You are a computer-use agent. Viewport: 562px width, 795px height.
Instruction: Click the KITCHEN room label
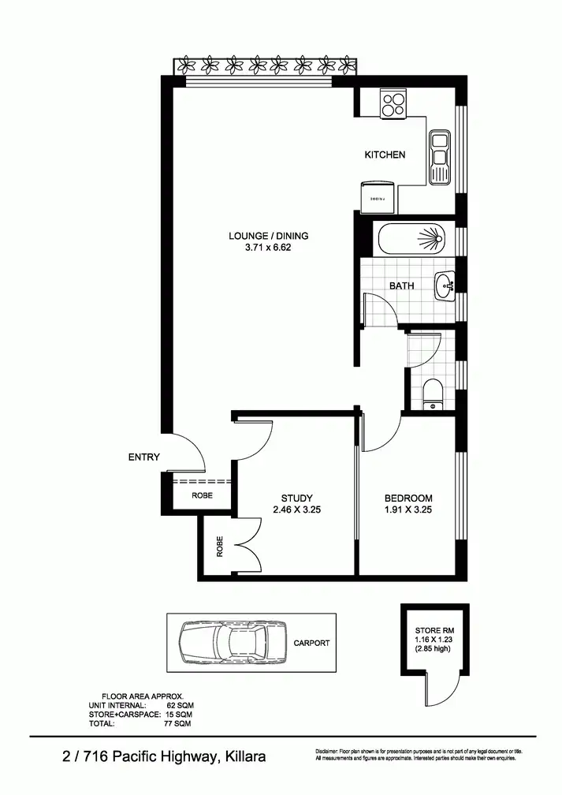click(x=385, y=155)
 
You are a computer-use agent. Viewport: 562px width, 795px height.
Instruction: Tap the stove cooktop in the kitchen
click(x=392, y=104)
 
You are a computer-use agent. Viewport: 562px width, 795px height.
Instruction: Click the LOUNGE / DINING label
click(x=268, y=236)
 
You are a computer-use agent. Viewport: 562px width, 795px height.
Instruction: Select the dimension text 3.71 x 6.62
click(x=268, y=248)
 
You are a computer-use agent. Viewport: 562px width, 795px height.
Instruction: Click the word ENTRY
click(x=143, y=457)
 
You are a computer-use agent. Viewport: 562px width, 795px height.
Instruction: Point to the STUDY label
click(x=296, y=498)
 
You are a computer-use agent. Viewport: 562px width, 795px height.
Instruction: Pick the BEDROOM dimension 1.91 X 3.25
click(x=408, y=509)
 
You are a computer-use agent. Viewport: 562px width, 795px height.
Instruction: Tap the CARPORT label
click(x=311, y=643)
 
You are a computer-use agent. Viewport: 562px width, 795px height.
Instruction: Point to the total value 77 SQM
click(x=179, y=722)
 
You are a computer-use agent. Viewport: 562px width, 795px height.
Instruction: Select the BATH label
click(x=401, y=286)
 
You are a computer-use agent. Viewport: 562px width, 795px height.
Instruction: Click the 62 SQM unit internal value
click(x=179, y=706)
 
